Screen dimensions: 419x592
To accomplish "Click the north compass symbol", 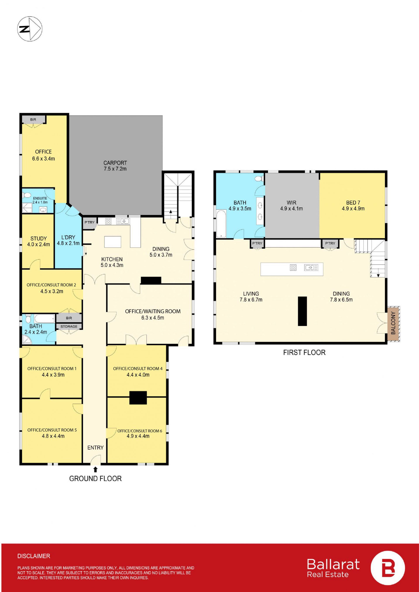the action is pyautogui.click(x=30, y=28).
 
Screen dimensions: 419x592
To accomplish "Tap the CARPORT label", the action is pyautogui.click(x=115, y=163).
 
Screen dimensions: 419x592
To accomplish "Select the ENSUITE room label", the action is pyautogui.click(x=40, y=198).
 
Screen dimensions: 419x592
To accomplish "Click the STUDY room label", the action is pyautogui.click(x=39, y=238).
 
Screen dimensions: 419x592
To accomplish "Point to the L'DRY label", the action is pyautogui.click(x=68, y=237).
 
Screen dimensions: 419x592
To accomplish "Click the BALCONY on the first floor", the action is pyautogui.click(x=393, y=324).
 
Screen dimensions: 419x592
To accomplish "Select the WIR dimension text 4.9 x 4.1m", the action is pyautogui.click(x=292, y=208).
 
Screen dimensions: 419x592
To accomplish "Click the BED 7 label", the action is pyautogui.click(x=353, y=203).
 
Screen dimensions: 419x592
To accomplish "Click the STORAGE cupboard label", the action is pyautogui.click(x=69, y=326).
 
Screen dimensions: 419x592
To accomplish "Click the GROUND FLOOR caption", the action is pyautogui.click(x=95, y=479).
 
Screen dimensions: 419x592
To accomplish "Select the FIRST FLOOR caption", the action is pyautogui.click(x=304, y=352).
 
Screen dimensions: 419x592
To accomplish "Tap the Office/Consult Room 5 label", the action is pyautogui.click(x=52, y=430).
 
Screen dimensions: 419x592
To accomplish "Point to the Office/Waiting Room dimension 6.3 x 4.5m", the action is pyautogui.click(x=153, y=318).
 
